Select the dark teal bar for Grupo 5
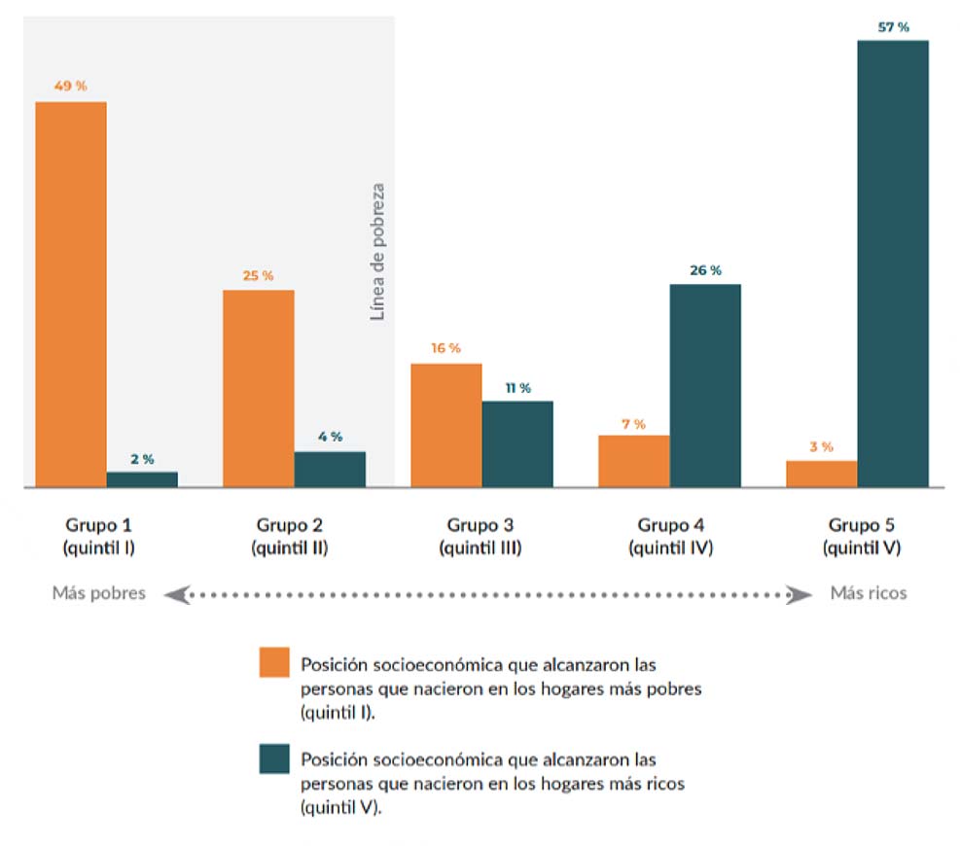tap(893, 263)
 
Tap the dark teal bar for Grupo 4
tap(705, 385)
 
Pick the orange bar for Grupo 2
tap(259, 388)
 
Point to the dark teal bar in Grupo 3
tap(517, 443)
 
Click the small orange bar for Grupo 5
tap(822, 474)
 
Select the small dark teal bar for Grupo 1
tap(142, 478)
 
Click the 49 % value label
tap(71, 86)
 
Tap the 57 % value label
tap(893, 27)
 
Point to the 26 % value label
tap(705, 270)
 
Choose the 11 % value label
tap(517, 388)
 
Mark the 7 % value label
tap(633, 424)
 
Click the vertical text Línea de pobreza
tap(378, 252)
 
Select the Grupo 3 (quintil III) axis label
tap(480, 536)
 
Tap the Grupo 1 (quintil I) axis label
tap(98, 536)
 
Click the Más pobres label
tap(98, 593)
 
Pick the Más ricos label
tap(868, 593)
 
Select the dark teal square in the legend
tap(275, 758)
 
